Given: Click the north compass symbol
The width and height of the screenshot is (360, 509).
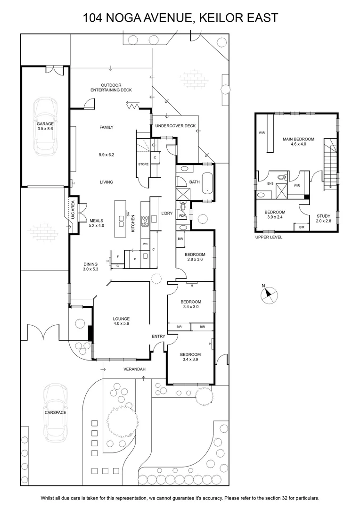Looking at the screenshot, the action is coord(269,295).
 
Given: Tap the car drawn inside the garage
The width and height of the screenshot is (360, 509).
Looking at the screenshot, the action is coord(45,127).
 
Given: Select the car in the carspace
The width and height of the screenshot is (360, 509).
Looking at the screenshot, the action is coord(56,413).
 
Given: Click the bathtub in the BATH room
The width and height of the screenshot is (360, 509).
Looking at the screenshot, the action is coord(207,183).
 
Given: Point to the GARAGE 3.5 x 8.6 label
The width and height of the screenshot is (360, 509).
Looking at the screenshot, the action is coord(45,126).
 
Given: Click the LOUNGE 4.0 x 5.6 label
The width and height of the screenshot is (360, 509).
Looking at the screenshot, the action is coord(122,321).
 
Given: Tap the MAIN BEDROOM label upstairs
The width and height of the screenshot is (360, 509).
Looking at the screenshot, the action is coord(298,141).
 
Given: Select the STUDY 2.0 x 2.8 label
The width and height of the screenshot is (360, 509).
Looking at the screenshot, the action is coord(323,218).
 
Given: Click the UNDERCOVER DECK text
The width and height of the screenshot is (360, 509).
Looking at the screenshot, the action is coord(175,126).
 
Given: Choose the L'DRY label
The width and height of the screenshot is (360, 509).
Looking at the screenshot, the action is coord(167,213).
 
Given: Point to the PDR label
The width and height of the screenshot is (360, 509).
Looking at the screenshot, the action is coord(182,215).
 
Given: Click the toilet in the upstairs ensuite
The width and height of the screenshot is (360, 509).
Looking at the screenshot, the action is coord(281,177).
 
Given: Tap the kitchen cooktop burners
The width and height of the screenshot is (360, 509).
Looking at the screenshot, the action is coord(145,221).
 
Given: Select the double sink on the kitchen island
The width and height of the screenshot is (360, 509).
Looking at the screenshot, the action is coord(122,221).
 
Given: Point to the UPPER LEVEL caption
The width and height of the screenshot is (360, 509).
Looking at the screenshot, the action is coord(269,237).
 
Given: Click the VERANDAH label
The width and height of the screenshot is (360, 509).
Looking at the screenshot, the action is coord(134,369).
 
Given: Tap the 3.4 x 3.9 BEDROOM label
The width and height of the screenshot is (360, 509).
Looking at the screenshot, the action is coord(190,357).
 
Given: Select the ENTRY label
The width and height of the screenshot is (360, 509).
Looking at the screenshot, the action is coord(158,337).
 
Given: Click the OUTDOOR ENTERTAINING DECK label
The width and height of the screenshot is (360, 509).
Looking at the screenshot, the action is coord(111,88).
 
